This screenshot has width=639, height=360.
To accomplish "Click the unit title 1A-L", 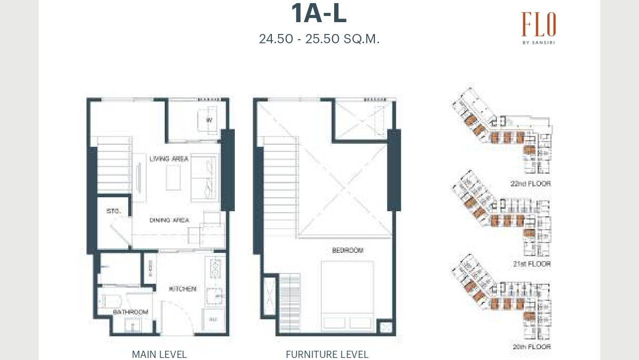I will pos(319,14).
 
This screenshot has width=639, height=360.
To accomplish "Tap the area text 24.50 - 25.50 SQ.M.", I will pos(319,39).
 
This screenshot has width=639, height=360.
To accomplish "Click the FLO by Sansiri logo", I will pos(538,28).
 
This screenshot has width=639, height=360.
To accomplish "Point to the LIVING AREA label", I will pos(169,159).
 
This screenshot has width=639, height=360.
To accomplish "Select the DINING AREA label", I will pos(169,220).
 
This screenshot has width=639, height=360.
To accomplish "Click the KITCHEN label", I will pos(182,289).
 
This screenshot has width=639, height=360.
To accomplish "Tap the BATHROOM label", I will pos(131,312).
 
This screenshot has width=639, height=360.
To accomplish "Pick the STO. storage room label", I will pos(113,211).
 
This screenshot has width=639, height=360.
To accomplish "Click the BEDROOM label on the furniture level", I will pos(348,250).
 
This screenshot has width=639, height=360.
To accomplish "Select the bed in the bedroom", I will pos(348,296).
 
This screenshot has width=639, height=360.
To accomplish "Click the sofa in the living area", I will pos(206,178).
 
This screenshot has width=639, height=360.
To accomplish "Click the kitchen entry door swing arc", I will pos(178,317).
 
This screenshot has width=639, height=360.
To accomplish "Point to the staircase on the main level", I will pos(114,165).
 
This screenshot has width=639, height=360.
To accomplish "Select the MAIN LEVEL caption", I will pos(159,354).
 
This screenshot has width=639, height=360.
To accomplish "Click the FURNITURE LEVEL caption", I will pos(327,354).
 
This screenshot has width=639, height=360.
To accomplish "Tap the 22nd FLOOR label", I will pos(530,184).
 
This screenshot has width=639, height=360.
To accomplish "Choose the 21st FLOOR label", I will pos(531,264).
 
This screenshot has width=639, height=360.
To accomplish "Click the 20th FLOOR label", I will pos(531,347).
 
